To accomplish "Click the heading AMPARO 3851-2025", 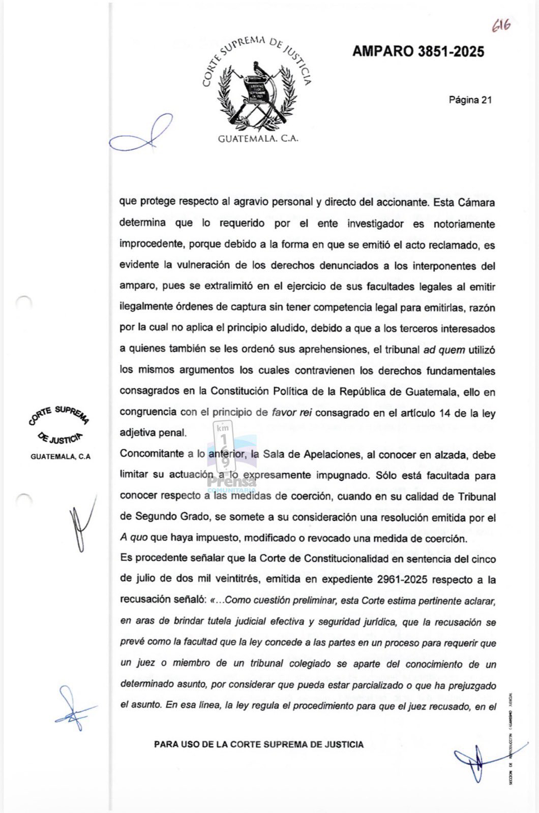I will click(x=418, y=51).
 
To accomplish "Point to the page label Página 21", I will click(x=470, y=100).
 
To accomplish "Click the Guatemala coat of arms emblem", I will click(x=257, y=91).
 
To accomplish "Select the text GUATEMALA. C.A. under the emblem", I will click(x=257, y=139).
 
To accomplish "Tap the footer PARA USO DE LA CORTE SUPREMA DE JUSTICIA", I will click(x=259, y=744).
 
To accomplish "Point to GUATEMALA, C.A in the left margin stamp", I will click(x=61, y=456).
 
